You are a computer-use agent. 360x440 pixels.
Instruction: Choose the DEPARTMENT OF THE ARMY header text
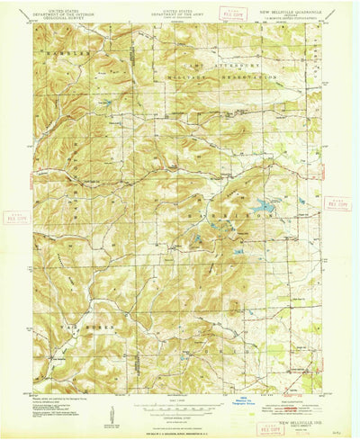click(x=178, y=11)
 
